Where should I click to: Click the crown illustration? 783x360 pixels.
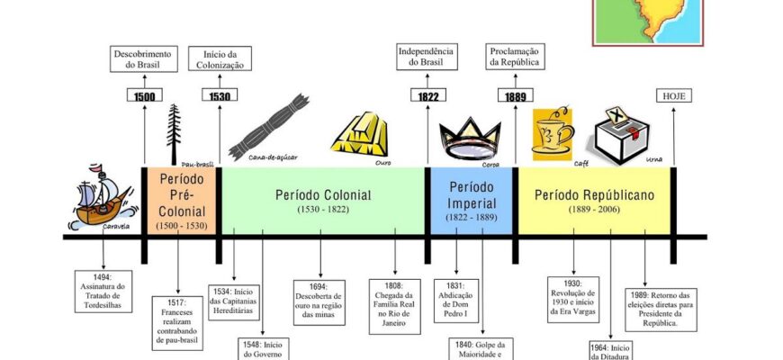click(470, 140)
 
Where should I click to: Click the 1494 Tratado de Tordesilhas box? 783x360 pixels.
click(101, 291)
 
